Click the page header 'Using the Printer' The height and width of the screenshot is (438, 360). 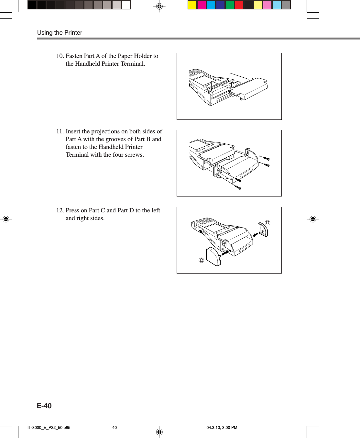pyautogui.click(x=60, y=33)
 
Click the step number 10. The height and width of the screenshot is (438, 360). pyautogui.click(x=60, y=56)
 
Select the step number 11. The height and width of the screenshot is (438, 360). pyautogui.click(x=60, y=131)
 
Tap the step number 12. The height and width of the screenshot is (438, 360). pyautogui.click(x=60, y=210)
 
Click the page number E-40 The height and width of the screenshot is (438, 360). pyautogui.click(x=44, y=406)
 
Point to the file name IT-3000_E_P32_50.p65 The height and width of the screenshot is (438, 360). pyautogui.click(x=49, y=428)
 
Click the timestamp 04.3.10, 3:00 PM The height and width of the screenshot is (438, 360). pyautogui.click(x=222, y=428)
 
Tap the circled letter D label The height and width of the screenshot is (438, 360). pyautogui.click(x=267, y=223)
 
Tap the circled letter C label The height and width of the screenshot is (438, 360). pyautogui.click(x=201, y=260)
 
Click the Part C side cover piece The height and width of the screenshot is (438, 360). pyautogui.click(x=213, y=257)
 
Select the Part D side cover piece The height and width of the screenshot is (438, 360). pyautogui.click(x=263, y=230)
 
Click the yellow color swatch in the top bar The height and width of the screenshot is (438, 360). pyautogui.click(x=192, y=5)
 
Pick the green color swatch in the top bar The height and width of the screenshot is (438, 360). pyautogui.click(x=230, y=5)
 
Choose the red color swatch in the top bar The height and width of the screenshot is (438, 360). pyautogui.click(x=239, y=5)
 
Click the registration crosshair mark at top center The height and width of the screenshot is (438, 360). pyautogui.click(x=159, y=6)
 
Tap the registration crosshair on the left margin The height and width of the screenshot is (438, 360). pyautogui.click(x=6, y=219)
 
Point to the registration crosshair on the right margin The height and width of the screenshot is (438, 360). pyautogui.click(x=312, y=219)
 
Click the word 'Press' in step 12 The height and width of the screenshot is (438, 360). pyautogui.click(x=72, y=210)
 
